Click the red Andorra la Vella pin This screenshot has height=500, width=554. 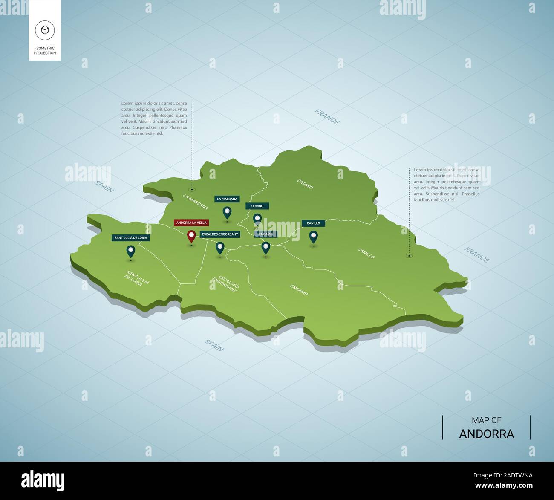[191, 235]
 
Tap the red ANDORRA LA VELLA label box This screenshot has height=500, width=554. [191, 223]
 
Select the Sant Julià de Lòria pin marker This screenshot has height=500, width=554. [131, 251]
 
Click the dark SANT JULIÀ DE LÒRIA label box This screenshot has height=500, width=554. [131, 238]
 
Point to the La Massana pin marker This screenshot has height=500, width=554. [227, 212]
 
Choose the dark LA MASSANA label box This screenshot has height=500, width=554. [227, 199]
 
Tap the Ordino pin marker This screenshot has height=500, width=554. [257, 219]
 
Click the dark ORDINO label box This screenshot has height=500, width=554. [257, 206]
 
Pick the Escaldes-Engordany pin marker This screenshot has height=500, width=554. [220, 247]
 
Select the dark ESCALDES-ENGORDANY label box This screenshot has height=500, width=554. [220, 234]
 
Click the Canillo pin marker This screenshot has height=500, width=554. [313, 236]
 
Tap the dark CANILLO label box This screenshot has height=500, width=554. [313, 223]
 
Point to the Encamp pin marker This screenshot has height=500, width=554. [265, 247]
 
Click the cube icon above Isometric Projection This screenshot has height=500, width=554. [45, 30]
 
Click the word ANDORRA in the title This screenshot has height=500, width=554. [487, 434]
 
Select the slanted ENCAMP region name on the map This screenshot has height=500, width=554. [299, 290]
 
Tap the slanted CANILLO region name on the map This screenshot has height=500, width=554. [366, 253]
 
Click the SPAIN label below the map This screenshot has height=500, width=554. [214, 345]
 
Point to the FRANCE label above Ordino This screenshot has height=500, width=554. [327, 117]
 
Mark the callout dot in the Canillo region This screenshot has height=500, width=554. [409, 256]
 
